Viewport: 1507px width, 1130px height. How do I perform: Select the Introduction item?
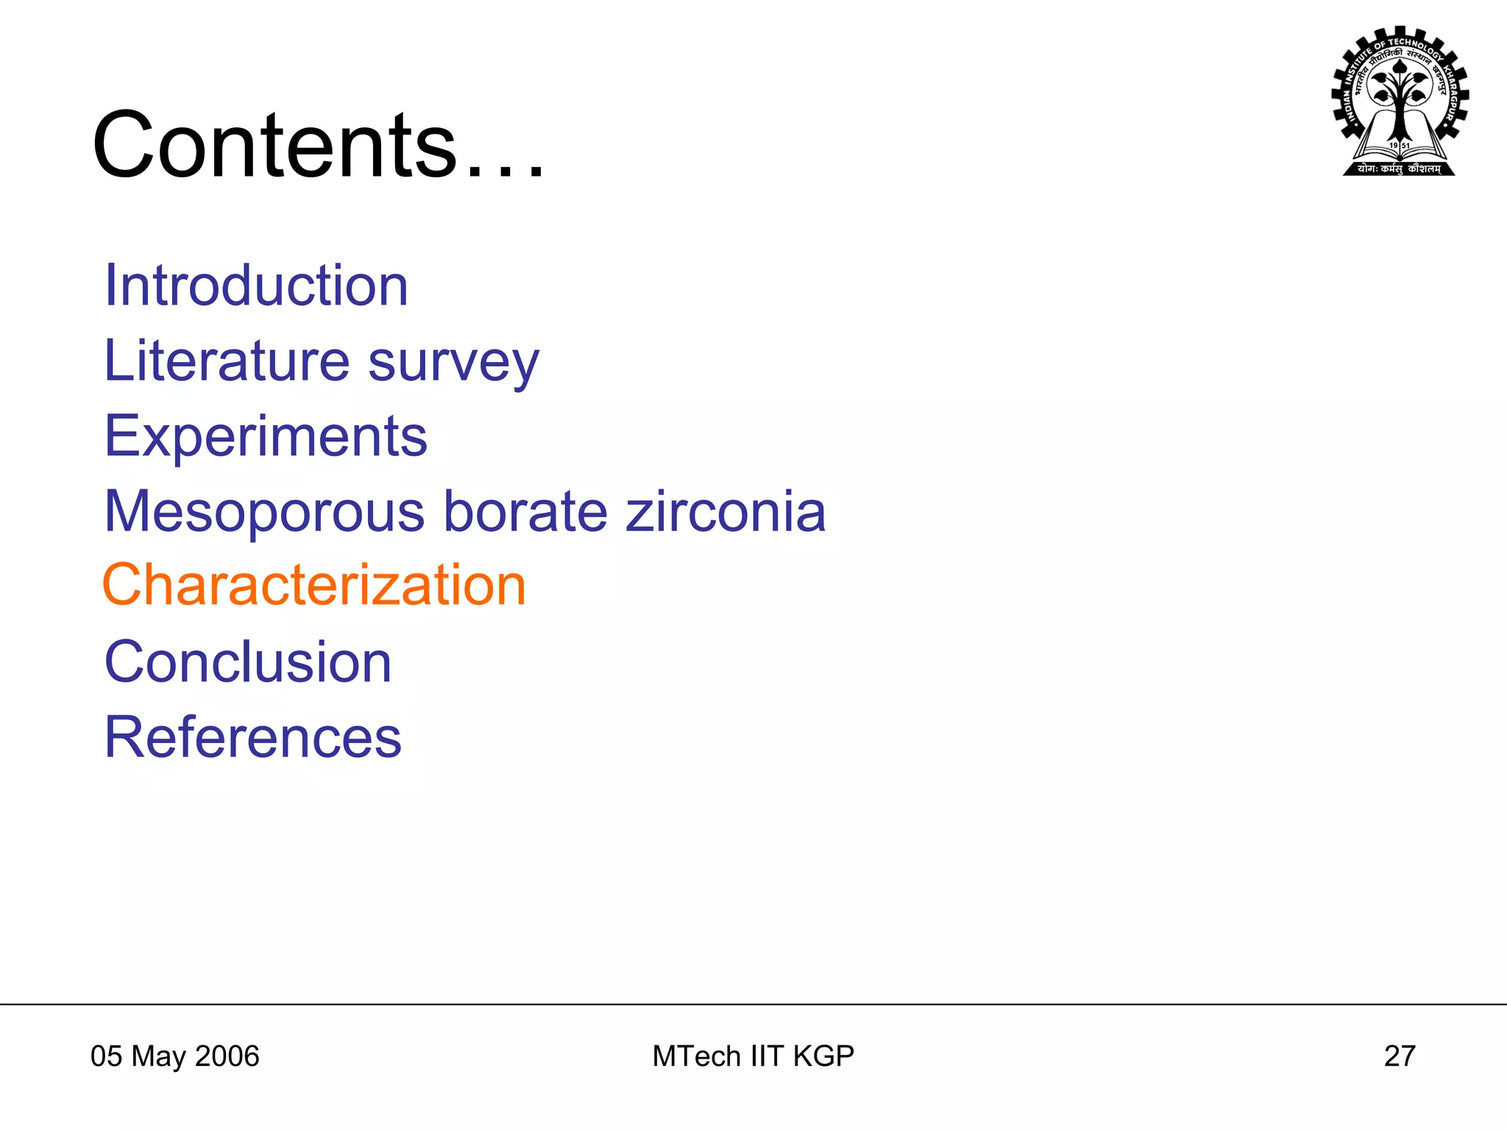coord(256,285)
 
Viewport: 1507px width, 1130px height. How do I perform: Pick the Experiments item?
coord(266,437)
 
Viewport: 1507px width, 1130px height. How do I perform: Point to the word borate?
coord(525,512)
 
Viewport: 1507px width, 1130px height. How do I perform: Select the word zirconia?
coord(726,512)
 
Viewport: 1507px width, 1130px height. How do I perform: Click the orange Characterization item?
coord(314,586)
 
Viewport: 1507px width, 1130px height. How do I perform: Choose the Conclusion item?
coord(248,662)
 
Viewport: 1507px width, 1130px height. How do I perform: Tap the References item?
coord(253,737)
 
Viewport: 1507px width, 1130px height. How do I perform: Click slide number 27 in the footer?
coord(1400,1056)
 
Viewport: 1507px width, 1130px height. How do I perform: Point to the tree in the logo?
coord(1400,96)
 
